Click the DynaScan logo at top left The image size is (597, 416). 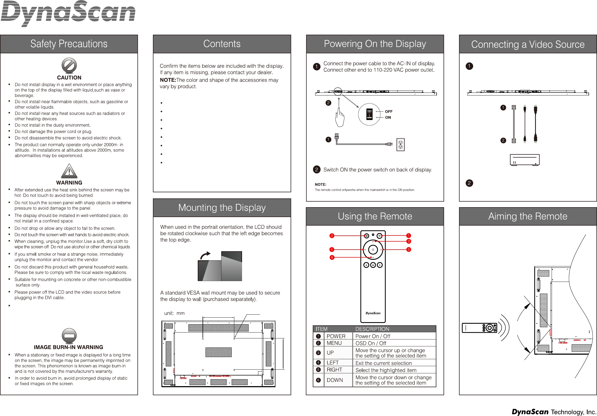[68, 13]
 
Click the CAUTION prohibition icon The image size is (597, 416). [69, 65]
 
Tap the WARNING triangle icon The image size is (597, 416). [69, 171]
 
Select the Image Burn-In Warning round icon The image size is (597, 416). [69, 335]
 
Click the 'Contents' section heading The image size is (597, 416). [222, 44]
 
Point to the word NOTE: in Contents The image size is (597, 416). [168, 80]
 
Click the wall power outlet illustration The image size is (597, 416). [400, 145]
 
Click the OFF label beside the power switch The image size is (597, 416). [389, 111]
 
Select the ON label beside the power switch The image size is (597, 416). [388, 117]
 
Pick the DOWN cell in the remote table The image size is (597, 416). [335, 380]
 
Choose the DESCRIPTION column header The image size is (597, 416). [372, 329]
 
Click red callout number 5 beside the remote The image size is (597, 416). [409, 250]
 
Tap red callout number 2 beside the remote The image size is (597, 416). [332, 236]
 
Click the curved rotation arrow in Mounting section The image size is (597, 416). [205, 256]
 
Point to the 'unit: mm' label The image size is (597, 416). [174, 313]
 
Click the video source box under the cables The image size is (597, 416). [525, 160]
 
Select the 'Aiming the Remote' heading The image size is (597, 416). [528, 216]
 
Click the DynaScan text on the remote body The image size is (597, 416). [373, 313]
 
